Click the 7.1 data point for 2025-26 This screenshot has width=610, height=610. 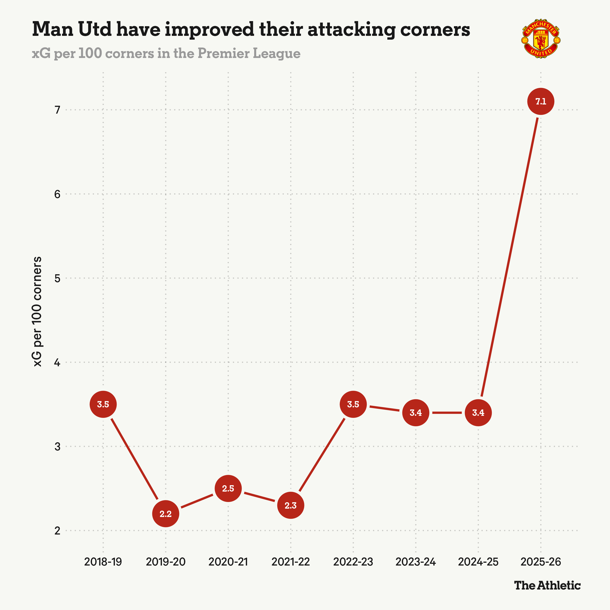[541, 101]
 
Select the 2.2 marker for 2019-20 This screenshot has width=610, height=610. [165, 514]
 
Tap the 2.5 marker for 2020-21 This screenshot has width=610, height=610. [228, 489]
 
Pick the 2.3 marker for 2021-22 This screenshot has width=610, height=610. [291, 505]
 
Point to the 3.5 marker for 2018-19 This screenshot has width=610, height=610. [103, 404]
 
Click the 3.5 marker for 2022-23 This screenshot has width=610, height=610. [353, 404]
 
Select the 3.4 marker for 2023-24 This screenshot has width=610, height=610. [416, 413]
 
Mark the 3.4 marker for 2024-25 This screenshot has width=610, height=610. [478, 413]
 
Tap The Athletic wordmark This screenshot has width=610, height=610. [547, 585]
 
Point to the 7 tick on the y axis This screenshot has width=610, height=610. [57, 110]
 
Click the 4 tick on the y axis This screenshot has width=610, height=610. [57, 362]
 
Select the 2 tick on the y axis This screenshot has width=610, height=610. [57, 530]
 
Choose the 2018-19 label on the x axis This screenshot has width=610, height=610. [103, 562]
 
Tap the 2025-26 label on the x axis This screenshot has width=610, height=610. [541, 562]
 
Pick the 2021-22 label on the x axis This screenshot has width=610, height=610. [291, 562]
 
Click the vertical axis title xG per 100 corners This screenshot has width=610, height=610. [37, 312]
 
